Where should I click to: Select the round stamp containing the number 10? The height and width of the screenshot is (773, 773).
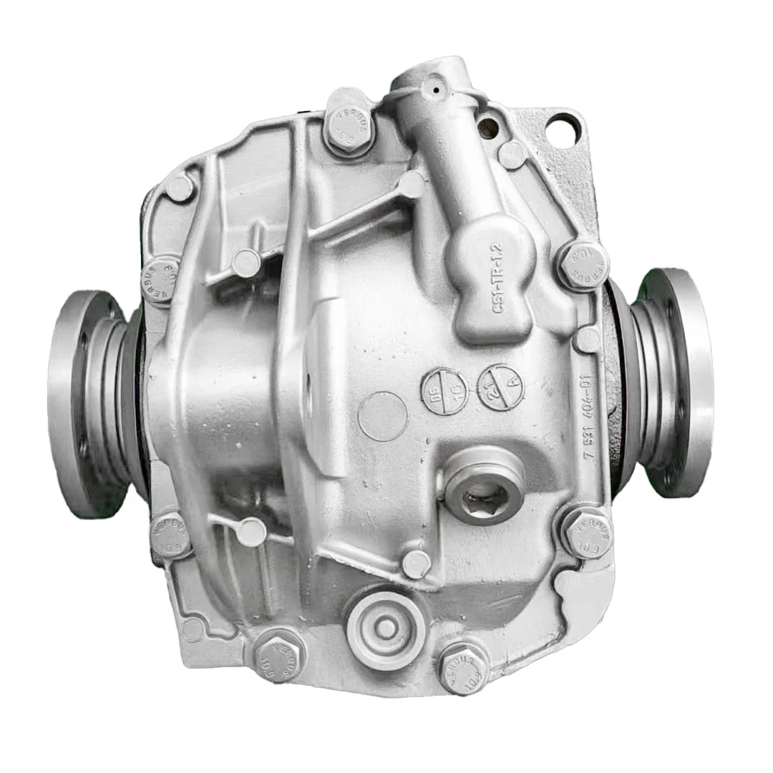(444, 389)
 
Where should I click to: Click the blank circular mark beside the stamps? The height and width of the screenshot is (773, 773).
(382, 415)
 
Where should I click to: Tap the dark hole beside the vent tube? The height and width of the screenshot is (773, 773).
(490, 128)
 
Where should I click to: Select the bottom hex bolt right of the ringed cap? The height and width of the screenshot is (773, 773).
(463, 667)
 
